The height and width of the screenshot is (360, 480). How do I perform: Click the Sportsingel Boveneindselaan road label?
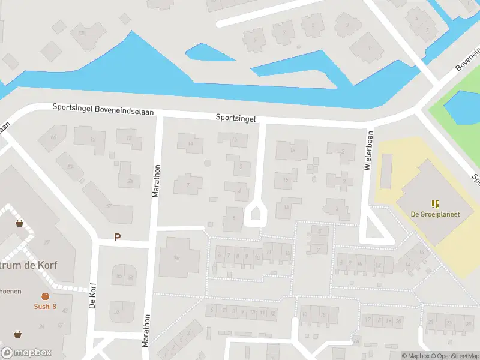point(103,109)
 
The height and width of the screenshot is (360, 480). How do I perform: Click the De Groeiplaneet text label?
point(434,214)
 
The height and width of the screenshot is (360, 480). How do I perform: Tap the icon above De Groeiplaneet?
point(434,204)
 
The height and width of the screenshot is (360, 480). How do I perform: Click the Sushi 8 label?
point(45,307)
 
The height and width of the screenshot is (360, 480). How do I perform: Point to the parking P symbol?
point(118,238)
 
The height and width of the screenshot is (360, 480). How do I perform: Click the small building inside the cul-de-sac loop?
point(254,214)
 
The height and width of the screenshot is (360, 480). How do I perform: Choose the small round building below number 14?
point(208,163)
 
